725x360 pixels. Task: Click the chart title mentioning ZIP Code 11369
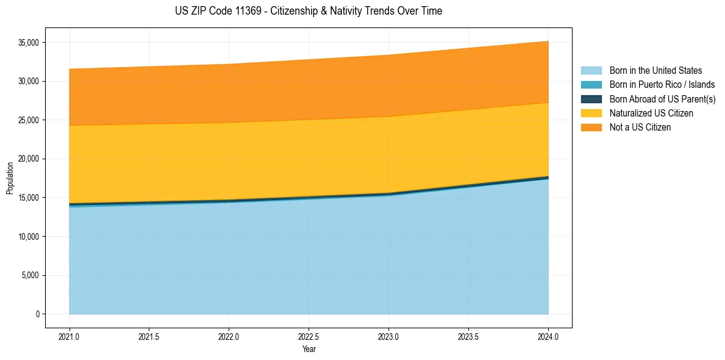tap(309, 11)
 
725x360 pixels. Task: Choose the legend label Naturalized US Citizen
tap(651, 113)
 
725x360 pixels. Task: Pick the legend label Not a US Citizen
tap(640, 128)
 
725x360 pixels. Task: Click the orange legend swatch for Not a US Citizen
tap(591, 128)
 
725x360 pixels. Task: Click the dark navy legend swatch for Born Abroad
tap(591, 99)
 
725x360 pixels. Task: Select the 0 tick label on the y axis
tap(37, 314)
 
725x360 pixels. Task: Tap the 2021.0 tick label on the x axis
tap(70, 336)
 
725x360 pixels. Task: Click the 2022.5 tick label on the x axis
tap(309, 336)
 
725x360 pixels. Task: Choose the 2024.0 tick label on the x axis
tap(548, 336)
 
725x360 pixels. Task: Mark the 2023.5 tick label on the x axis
tap(468, 336)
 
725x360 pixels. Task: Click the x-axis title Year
tap(309, 350)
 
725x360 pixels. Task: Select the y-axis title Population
tap(10, 178)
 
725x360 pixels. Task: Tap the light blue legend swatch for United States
tap(591, 71)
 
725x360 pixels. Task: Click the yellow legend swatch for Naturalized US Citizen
tap(591, 113)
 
